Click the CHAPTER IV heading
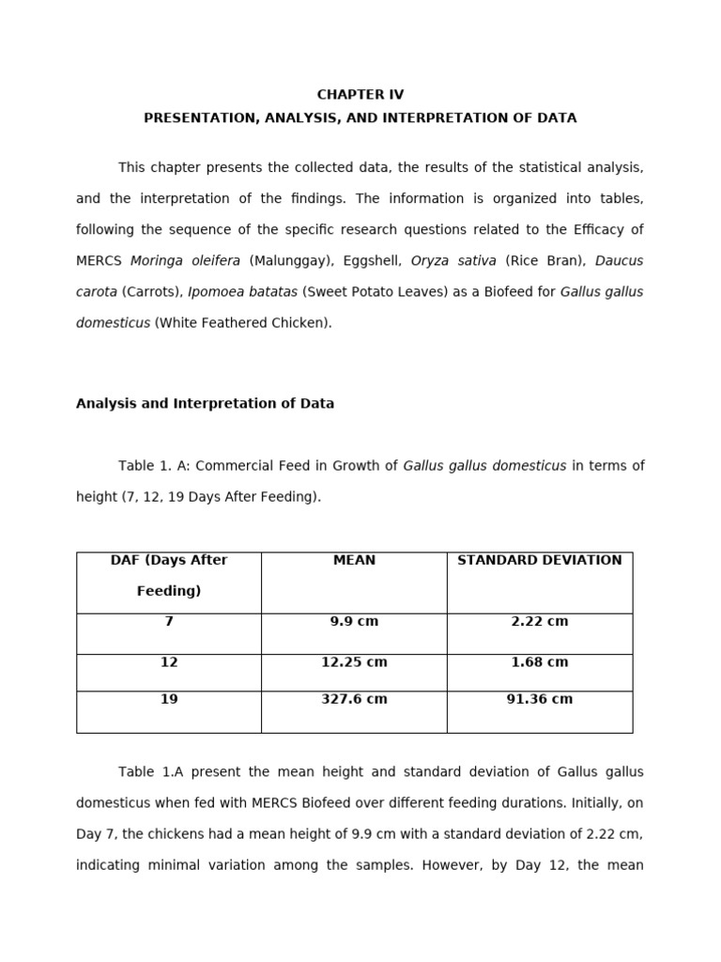(360, 95)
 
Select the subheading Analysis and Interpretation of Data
(205, 404)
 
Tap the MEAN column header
(354, 561)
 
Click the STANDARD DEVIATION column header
(539, 561)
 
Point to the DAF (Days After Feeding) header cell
(169, 575)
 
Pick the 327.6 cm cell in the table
(354, 700)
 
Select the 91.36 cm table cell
(539, 700)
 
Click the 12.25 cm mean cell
(354, 662)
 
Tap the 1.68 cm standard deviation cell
(539, 662)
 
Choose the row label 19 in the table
(169, 700)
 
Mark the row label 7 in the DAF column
(169, 622)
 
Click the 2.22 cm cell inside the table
(539, 622)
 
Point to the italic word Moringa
(157, 261)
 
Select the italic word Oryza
(432, 261)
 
